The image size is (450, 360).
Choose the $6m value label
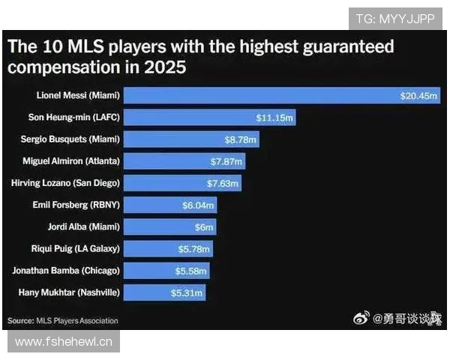pyautogui.click(x=204, y=226)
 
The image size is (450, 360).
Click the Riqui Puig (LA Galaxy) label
pyautogui.click(x=78, y=247)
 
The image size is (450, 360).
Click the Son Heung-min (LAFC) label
pyautogui.click(x=78, y=118)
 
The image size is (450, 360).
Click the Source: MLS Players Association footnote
pyautogui.click(x=63, y=320)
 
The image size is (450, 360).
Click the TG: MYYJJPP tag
pyautogui.click(x=394, y=19)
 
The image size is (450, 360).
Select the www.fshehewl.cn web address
pyautogui.click(x=64, y=342)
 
